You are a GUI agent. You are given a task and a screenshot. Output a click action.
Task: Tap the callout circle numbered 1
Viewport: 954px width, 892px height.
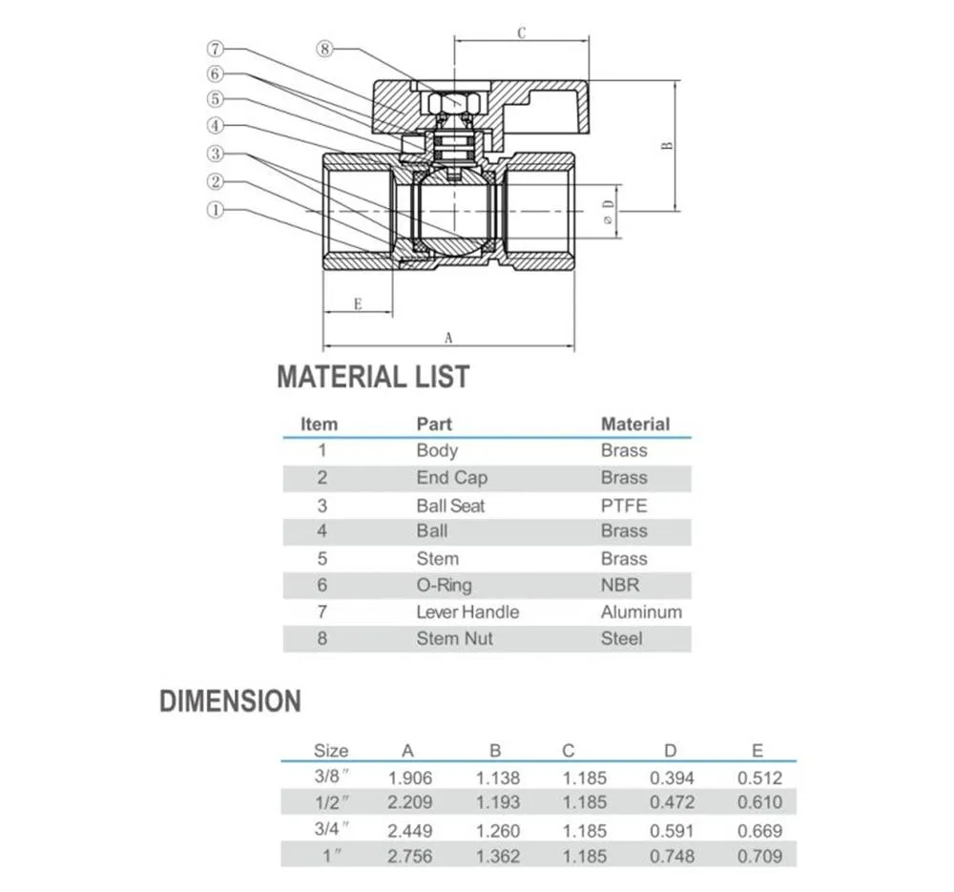pyautogui.click(x=216, y=209)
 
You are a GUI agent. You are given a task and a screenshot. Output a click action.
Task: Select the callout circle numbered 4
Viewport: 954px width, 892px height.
pyautogui.click(x=216, y=125)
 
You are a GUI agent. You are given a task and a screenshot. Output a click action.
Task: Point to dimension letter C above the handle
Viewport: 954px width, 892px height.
pyautogui.click(x=522, y=32)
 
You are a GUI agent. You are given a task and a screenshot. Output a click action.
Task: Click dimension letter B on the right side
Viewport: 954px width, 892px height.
pyautogui.click(x=668, y=145)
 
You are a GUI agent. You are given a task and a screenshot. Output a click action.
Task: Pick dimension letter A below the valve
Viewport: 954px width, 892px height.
pyautogui.click(x=448, y=337)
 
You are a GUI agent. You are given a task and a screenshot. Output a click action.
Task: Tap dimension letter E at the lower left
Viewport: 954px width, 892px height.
pyautogui.click(x=357, y=304)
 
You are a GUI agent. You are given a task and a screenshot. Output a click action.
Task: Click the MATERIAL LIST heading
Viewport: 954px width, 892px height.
pyautogui.click(x=373, y=377)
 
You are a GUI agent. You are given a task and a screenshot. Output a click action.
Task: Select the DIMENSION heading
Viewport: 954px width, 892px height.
pyautogui.click(x=230, y=702)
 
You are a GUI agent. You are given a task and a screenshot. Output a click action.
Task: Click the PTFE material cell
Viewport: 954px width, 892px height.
pyautogui.click(x=624, y=505)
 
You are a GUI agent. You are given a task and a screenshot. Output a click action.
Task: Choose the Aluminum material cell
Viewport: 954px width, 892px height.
pyautogui.click(x=641, y=612)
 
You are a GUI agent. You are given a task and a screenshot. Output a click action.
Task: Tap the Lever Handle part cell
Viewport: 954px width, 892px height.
pyautogui.click(x=467, y=612)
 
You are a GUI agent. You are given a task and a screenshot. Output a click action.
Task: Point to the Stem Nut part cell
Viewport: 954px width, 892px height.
pyautogui.click(x=454, y=638)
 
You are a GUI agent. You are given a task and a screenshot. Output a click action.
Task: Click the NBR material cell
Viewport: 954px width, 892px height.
pyautogui.click(x=620, y=585)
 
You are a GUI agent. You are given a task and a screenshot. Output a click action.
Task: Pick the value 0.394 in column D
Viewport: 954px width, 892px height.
pyautogui.click(x=673, y=777)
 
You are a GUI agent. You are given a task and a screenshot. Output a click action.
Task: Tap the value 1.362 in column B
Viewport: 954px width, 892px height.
pyautogui.click(x=499, y=856)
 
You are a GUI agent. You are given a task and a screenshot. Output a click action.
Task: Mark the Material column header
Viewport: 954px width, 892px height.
pyautogui.click(x=635, y=424)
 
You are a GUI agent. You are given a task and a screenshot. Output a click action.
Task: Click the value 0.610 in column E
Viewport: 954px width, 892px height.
pyautogui.click(x=759, y=802)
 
